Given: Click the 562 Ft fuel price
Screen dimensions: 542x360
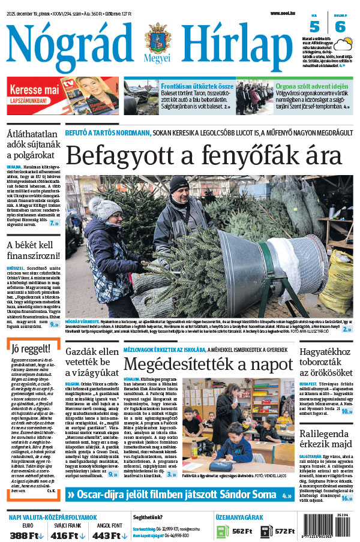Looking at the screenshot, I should click(241, 531).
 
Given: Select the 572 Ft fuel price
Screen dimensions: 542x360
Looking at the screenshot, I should click(283, 531).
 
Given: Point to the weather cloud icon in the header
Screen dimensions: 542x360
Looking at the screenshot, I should click(345, 44).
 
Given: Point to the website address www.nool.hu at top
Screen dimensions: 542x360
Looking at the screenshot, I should click(283, 13).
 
